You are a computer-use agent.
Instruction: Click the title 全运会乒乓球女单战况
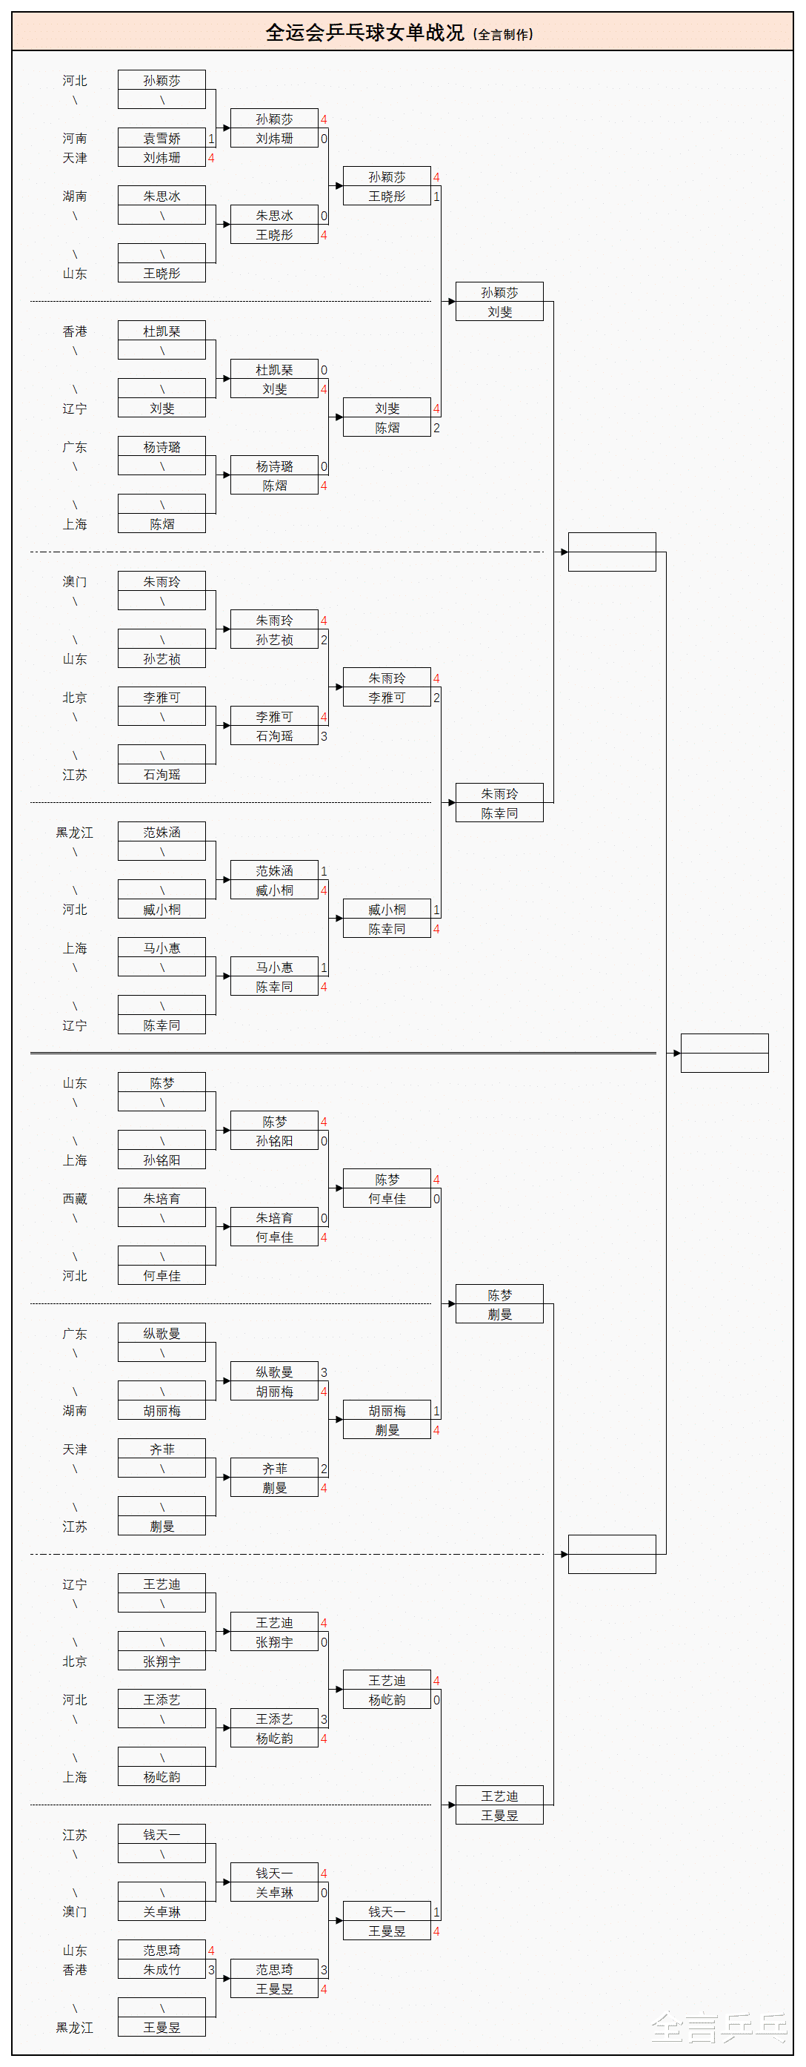coord(365,33)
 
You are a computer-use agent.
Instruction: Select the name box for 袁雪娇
coord(161,138)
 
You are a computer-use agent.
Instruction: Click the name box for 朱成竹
coord(161,1969)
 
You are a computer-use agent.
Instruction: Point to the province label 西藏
coord(75,1198)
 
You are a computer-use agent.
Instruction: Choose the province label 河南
coord(75,138)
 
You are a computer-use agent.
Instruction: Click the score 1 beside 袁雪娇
coord(211,138)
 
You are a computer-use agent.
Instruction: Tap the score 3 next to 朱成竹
coord(211,1969)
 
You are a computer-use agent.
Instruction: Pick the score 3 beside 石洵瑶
coord(324,735)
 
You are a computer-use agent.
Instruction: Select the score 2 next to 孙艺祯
coord(324,640)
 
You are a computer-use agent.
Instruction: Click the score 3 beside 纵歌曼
coord(324,1372)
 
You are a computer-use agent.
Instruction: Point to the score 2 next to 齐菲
coord(324,1469)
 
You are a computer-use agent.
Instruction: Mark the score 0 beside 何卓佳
coord(436,1199)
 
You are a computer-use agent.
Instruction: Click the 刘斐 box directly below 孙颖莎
coord(499,311)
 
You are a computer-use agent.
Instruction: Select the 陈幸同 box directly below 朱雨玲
coord(499,813)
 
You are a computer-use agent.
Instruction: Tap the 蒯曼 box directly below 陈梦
coord(499,1314)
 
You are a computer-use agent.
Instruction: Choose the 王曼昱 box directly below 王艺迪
coord(499,1815)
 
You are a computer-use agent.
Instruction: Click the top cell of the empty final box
coord(725,1043)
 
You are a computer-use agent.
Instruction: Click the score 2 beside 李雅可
coord(436,698)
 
